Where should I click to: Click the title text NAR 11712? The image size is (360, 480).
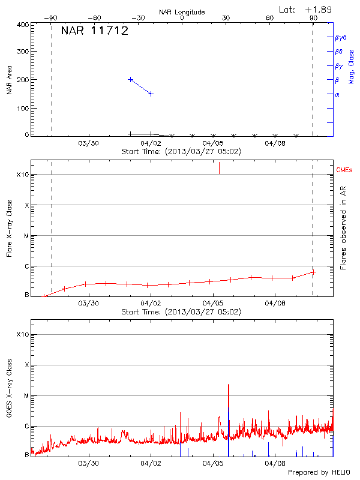[94, 31]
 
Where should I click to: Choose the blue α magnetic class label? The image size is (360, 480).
[337, 94]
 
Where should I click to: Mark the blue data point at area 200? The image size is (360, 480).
[130, 79]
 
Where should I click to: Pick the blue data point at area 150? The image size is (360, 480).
[151, 94]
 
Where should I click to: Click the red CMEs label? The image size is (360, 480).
[344, 171]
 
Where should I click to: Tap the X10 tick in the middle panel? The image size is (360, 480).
[22, 175]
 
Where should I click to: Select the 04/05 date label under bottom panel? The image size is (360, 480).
[213, 463]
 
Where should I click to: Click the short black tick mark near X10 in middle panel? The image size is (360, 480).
[219, 168]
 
